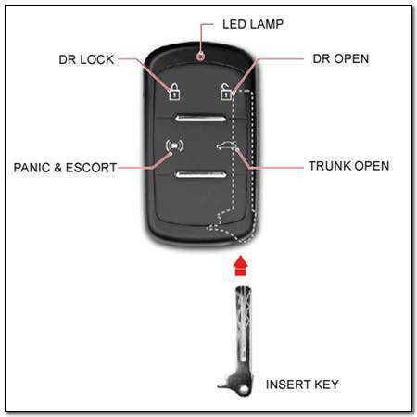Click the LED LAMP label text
pos(253,24)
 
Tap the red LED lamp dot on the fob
pos(201,57)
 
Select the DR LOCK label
pos(86,59)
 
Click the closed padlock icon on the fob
pos(174,92)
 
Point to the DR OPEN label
pos(341,58)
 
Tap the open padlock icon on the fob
pos(226,92)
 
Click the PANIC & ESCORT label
pos(65,168)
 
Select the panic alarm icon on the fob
pos(174,145)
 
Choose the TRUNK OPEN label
pos(349,166)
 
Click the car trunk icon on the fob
pos(226,145)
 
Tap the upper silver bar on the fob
pos(201,119)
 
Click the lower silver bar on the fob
pos(201,174)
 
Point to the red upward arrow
pos(241,265)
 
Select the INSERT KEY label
pos(302,385)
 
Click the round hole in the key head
pos(244,389)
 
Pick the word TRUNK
pos(330,166)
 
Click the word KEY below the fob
pos(326,385)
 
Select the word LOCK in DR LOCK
pos(97,59)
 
